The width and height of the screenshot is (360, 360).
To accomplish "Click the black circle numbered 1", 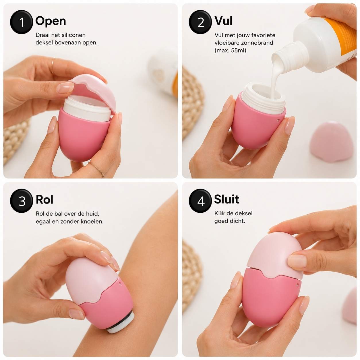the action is coord(22,22).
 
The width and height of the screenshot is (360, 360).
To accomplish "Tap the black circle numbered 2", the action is coord(200,22).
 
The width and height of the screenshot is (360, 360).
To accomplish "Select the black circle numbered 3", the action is coord(22,201).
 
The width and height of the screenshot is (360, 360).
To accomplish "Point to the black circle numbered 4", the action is coord(200,201).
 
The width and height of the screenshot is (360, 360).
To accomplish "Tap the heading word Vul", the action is coord(223,21).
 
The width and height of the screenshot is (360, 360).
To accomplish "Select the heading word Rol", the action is coord(44,200).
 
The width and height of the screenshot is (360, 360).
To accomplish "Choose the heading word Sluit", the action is coord(227,199).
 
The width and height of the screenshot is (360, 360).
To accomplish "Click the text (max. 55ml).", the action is coord(231,51).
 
